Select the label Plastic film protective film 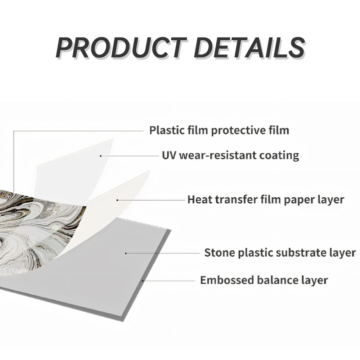point(219,130)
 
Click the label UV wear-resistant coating point(230,155)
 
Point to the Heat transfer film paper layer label point(266,199)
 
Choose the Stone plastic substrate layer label point(280,252)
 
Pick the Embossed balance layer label point(264,280)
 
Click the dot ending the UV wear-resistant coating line point(101,156)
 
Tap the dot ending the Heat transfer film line point(118,199)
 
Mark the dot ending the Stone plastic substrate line point(126,253)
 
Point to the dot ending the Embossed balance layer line point(143,280)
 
